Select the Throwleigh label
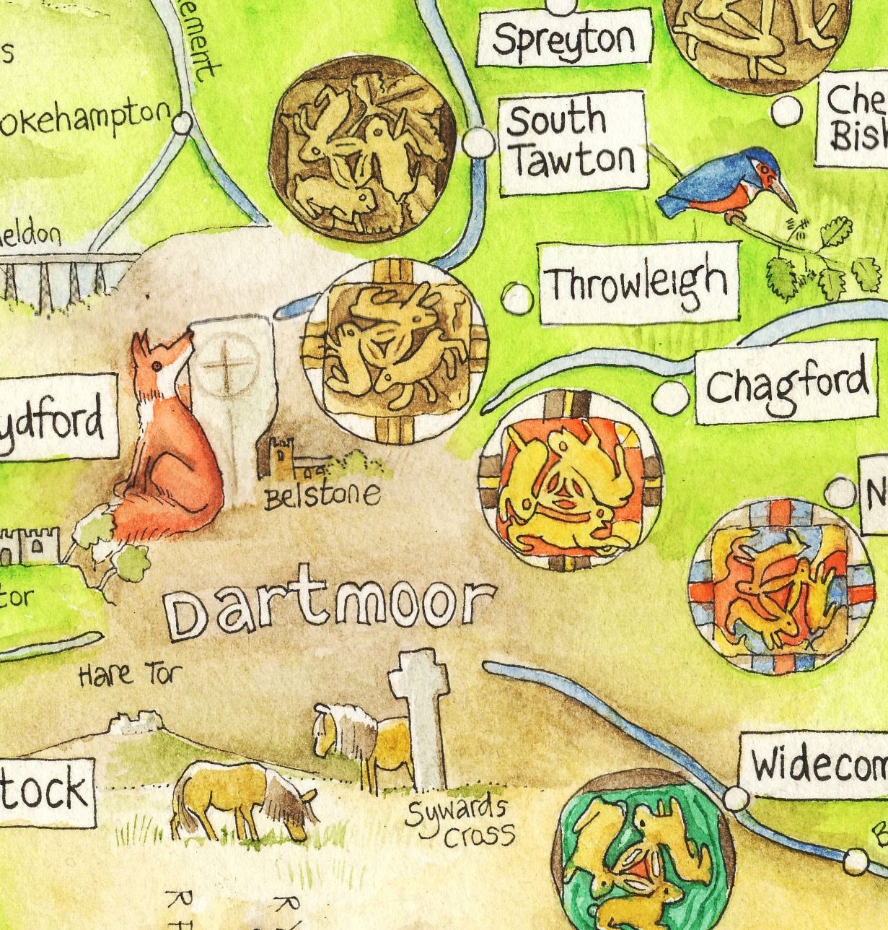[x=639, y=282]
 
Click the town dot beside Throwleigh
[x=517, y=297]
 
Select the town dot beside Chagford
[x=670, y=396]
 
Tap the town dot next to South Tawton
[x=478, y=142]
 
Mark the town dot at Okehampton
[x=183, y=123]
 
